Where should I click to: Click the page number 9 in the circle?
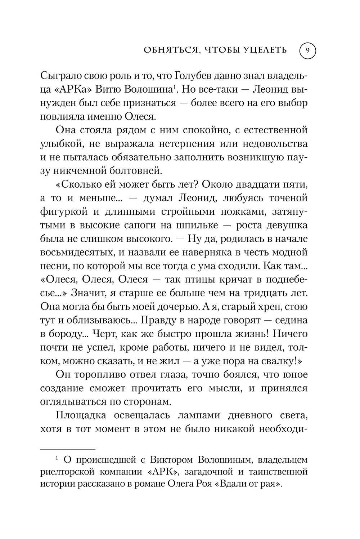307,51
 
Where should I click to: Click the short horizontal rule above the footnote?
67,449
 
